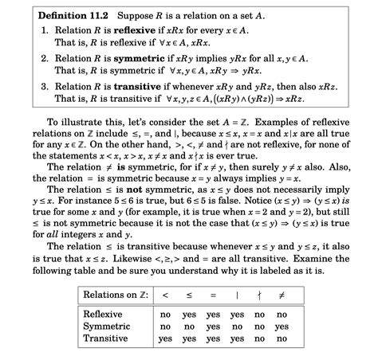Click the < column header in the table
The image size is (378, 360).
[x=165, y=295]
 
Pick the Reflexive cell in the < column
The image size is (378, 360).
[x=165, y=314]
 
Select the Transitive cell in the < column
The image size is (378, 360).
[x=165, y=338]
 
